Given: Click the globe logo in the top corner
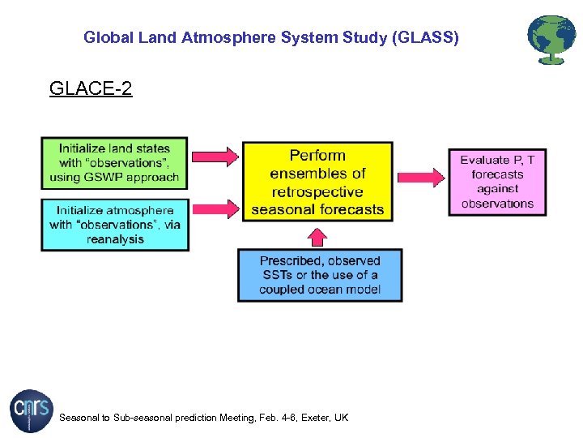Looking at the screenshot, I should (x=551, y=39).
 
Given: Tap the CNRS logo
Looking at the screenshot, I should (x=31, y=410).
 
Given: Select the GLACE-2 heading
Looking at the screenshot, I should (x=91, y=88).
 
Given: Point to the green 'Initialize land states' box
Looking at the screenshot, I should (x=114, y=162).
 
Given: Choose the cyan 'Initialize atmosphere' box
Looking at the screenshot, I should (x=114, y=225).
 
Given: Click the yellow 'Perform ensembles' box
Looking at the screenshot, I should (x=317, y=182).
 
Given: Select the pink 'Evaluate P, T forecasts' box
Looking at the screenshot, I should (x=497, y=182).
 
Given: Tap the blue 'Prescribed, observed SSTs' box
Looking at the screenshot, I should (x=319, y=275).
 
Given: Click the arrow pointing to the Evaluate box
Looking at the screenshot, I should (x=419, y=176).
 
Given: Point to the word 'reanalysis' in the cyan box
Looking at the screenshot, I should (x=115, y=239).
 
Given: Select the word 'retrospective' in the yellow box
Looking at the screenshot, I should (x=317, y=191).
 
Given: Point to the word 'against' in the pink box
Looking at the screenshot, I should (x=497, y=189).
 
